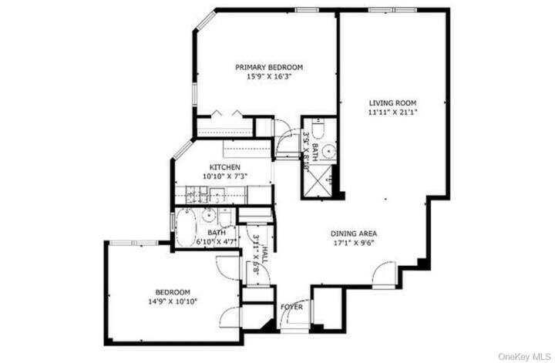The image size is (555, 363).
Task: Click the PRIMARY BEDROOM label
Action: pos(268,67)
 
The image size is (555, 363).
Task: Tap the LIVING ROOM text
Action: pos(392,103)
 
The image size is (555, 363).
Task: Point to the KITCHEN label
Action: pos(225,167)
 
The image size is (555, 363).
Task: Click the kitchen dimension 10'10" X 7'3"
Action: pos(225,176)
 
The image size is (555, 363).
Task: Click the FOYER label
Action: pos(292,308)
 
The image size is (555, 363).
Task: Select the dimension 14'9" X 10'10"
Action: pos(173,301)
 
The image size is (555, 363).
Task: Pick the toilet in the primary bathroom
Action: pos(323,128)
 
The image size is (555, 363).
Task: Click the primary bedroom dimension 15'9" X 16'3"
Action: pos(268,76)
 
